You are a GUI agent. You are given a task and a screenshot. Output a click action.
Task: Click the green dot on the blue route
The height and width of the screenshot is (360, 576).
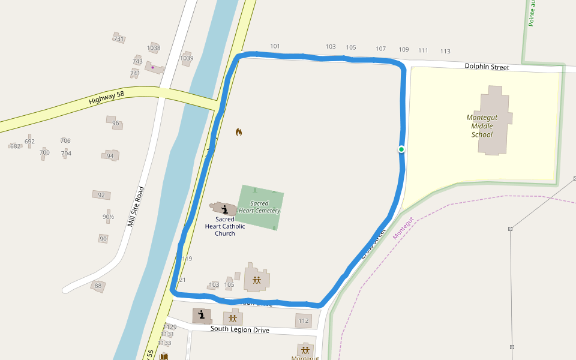(401, 149)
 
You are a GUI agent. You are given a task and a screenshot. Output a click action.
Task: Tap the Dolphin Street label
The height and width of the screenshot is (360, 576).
(487, 67)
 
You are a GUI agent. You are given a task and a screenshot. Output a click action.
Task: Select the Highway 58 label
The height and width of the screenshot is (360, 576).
(106, 97)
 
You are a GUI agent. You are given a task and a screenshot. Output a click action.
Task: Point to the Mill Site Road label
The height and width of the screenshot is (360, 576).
(136, 206)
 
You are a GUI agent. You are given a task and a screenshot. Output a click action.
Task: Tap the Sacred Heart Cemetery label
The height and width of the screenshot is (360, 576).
(260, 207)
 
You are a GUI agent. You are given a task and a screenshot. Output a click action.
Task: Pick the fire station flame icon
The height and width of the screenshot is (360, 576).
(239, 132)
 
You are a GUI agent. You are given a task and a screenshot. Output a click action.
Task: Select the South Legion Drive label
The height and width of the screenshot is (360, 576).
(239, 329)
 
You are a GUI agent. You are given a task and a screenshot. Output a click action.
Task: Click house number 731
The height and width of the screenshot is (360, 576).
(118, 39)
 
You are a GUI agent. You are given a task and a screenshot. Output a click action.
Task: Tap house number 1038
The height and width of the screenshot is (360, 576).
(154, 48)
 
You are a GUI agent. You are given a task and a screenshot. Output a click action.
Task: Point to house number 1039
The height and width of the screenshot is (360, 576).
(187, 58)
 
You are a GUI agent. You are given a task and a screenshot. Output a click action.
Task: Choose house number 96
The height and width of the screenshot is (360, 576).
(116, 124)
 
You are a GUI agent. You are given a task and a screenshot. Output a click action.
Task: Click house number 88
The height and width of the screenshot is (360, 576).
(98, 286)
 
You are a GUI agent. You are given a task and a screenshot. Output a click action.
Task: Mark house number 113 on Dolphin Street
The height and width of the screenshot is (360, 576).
(445, 51)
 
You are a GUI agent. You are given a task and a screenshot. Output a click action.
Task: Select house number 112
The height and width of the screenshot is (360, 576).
(303, 321)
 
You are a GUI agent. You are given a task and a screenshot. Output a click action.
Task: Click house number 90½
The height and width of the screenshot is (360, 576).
(108, 217)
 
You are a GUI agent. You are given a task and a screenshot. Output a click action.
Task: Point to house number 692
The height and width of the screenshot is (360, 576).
(29, 142)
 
